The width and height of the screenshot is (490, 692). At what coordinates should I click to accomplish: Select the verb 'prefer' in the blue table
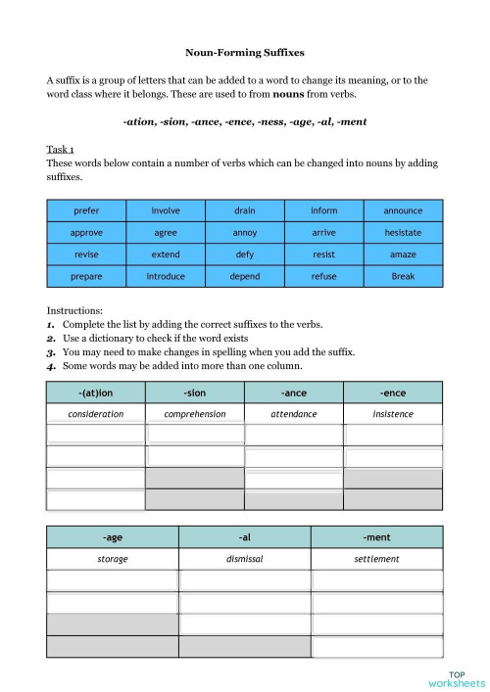tap(86, 210)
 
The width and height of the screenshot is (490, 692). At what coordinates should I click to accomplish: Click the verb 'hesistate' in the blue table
tap(403, 233)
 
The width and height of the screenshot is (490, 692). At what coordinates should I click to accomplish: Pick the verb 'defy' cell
tap(245, 254)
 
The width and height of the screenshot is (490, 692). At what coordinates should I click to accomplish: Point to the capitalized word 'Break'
tap(403, 276)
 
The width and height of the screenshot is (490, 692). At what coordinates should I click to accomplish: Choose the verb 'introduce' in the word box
tap(166, 276)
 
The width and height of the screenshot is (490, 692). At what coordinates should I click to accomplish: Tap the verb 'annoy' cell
tap(245, 233)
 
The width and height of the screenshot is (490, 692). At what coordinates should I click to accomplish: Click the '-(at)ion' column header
tap(95, 392)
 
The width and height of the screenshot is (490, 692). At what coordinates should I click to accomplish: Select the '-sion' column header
tap(194, 392)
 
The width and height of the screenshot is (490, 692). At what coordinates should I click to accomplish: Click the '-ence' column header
tap(393, 392)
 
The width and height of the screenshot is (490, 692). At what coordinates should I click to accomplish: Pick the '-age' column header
tap(112, 537)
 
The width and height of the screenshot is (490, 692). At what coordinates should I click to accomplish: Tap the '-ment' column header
tap(377, 537)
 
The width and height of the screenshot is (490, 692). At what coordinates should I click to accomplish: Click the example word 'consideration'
tap(95, 414)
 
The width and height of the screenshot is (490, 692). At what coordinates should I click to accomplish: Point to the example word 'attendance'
tap(294, 414)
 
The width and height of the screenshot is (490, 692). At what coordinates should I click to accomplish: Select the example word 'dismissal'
tap(245, 559)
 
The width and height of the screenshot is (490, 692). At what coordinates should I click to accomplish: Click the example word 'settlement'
tap(377, 559)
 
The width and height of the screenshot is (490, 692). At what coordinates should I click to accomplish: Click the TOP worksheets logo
tap(457, 678)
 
